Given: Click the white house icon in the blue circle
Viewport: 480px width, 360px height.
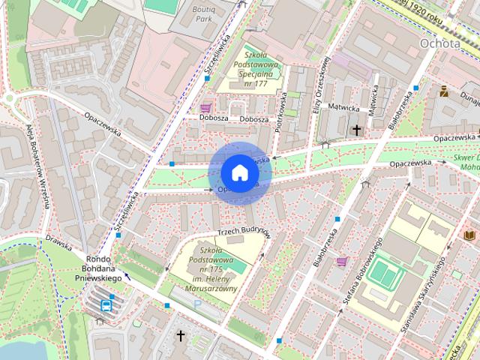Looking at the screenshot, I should (x=239, y=172).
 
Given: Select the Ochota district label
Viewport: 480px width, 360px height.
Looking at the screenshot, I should (x=440, y=43).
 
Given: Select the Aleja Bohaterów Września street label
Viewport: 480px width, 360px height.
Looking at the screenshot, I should (x=38, y=165).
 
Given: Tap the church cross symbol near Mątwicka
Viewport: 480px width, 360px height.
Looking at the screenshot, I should (x=357, y=130).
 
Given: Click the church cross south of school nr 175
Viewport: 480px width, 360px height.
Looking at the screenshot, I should (x=180, y=334).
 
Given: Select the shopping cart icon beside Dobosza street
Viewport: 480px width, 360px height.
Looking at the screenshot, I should (x=205, y=108).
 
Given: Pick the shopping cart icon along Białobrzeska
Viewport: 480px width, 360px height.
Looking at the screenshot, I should (x=342, y=262).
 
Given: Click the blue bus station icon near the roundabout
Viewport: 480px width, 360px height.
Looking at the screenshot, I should (x=106, y=304).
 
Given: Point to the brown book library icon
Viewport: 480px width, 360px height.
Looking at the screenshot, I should (x=469, y=235).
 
